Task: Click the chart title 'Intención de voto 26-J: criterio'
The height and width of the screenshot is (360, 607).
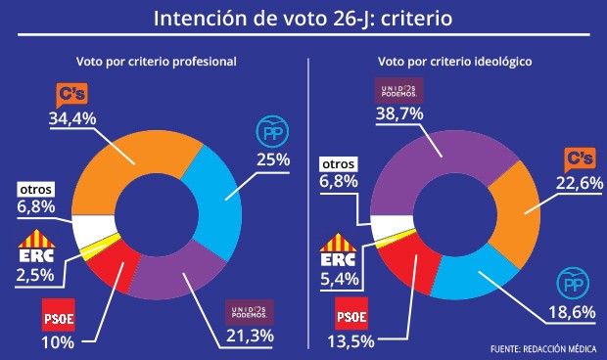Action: point(303,19)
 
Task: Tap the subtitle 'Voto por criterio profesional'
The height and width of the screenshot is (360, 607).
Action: point(157,61)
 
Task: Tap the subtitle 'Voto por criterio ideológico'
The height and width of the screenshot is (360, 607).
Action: point(454,61)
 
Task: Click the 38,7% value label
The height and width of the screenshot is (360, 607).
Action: point(400,114)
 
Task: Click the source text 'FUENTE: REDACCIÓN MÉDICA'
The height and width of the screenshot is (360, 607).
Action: point(543,348)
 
